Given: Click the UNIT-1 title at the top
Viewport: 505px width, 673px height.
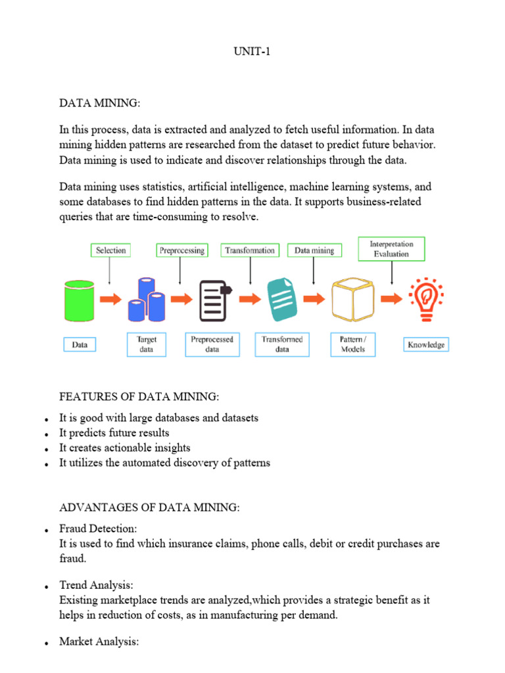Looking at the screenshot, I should [252, 53].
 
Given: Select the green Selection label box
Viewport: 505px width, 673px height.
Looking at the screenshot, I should [110, 250].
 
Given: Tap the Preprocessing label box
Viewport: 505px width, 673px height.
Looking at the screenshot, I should [181, 250].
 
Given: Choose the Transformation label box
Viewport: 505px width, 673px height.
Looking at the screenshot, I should [250, 250].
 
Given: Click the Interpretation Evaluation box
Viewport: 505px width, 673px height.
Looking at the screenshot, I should [392, 248].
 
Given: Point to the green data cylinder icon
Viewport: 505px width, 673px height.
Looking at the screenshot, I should [79, 298].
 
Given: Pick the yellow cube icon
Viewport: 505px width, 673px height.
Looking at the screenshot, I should [354, 299].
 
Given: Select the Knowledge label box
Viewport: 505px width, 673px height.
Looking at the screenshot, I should [426, 344].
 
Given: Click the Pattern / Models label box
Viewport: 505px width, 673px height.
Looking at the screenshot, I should [352, 344].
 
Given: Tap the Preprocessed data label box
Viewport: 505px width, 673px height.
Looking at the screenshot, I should [212, 344].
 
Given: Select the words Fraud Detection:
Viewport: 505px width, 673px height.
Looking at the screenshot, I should [99, 528].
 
